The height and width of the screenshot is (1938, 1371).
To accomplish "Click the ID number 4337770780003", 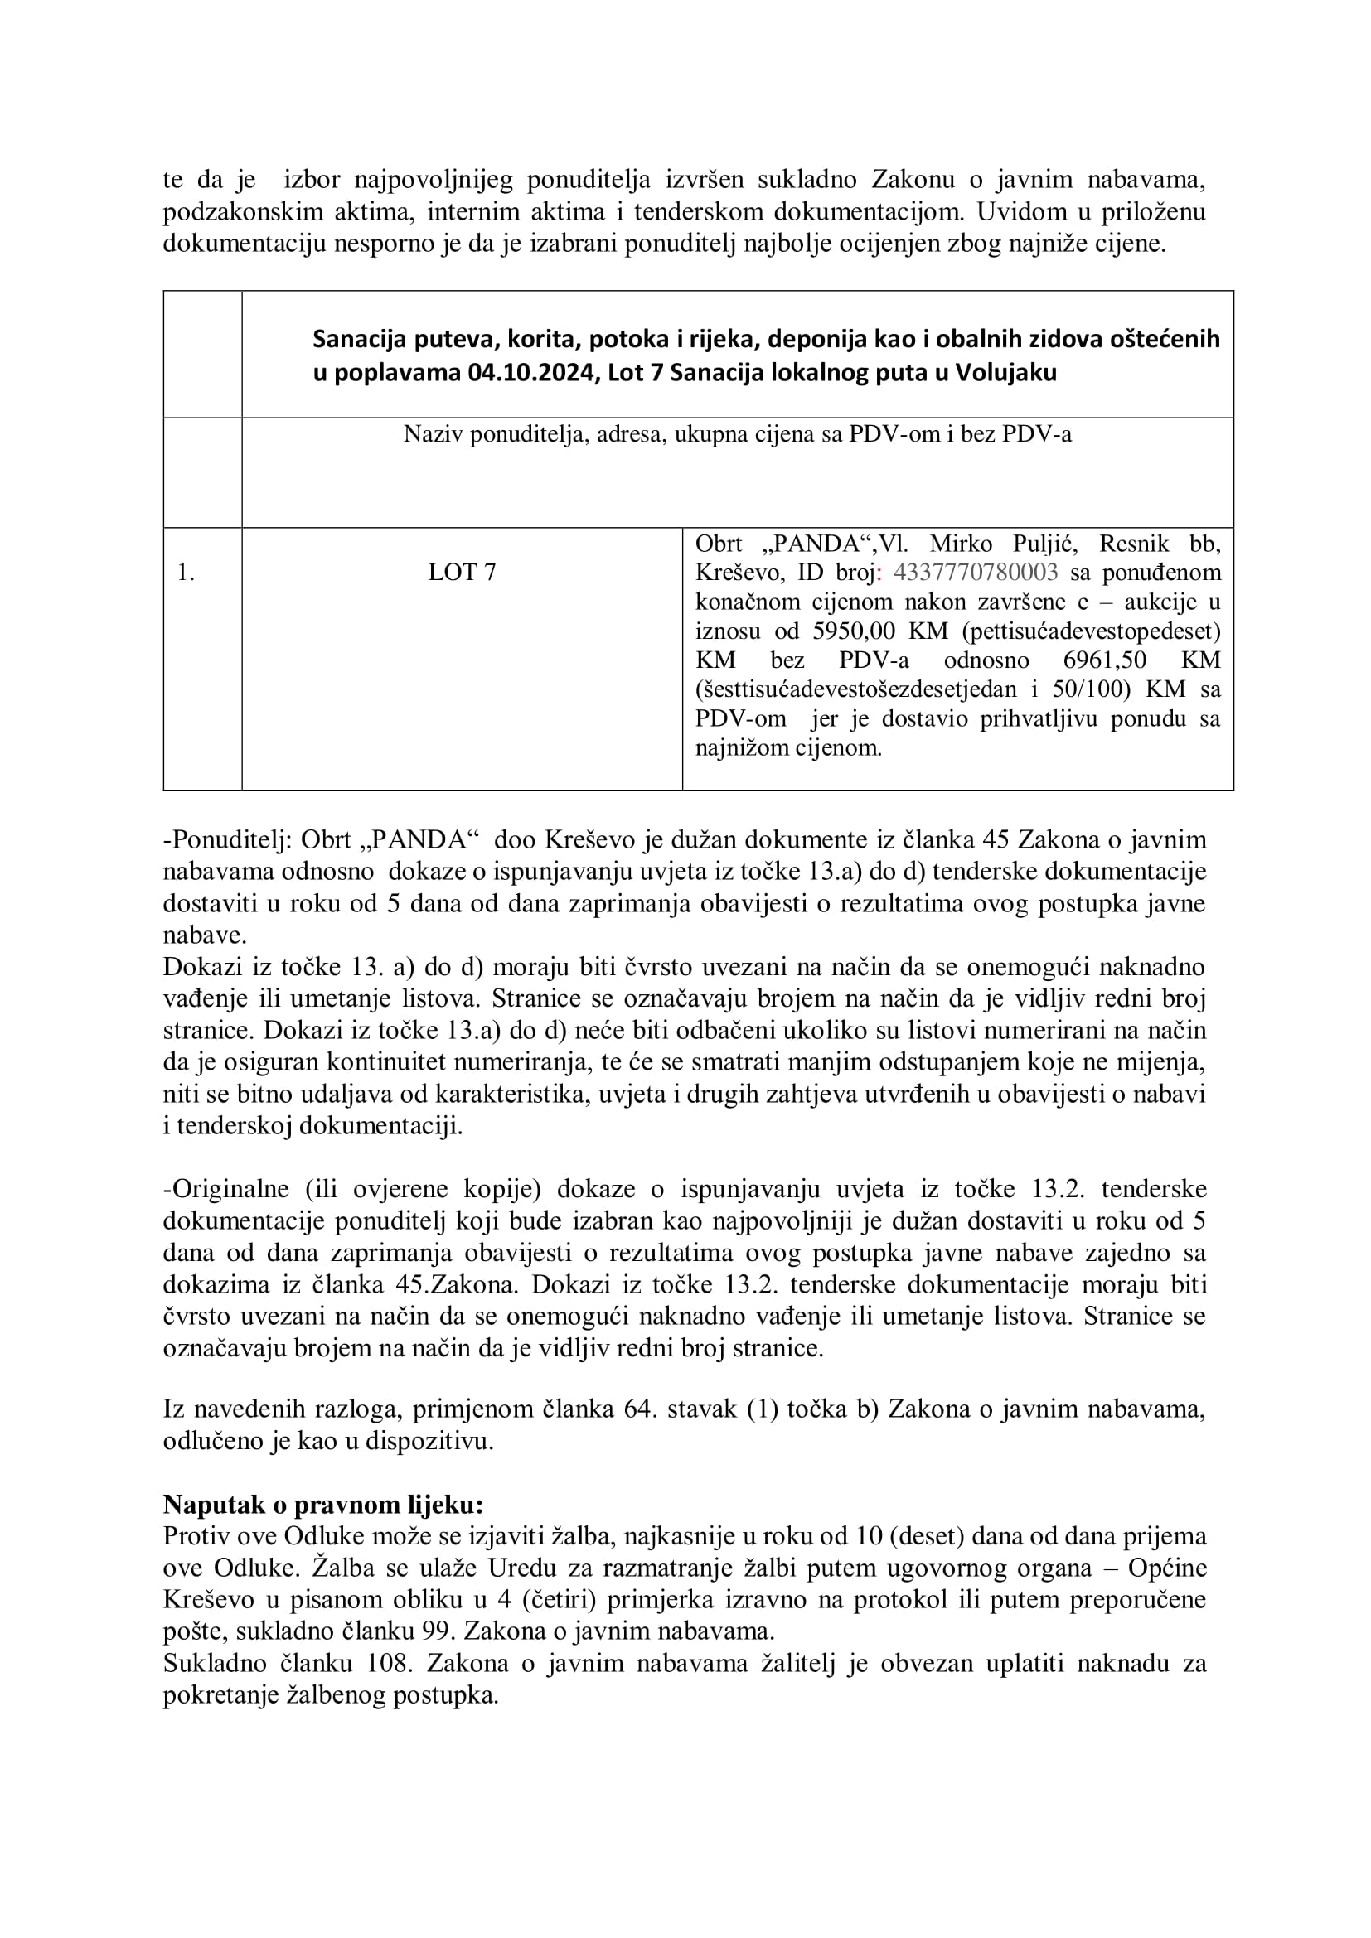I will point(974,573).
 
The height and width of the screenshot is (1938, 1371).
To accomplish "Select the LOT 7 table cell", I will point(462,573).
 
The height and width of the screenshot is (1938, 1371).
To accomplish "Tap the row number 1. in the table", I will point(186,573).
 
